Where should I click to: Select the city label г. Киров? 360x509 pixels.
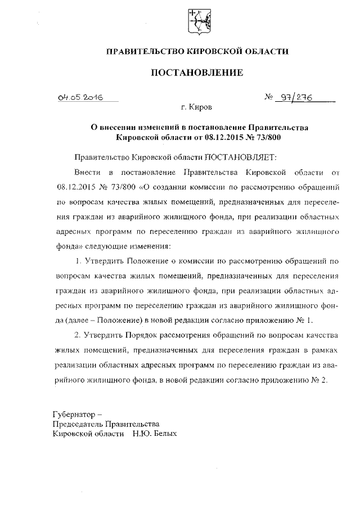pyautogui.click(x=197, y=106)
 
